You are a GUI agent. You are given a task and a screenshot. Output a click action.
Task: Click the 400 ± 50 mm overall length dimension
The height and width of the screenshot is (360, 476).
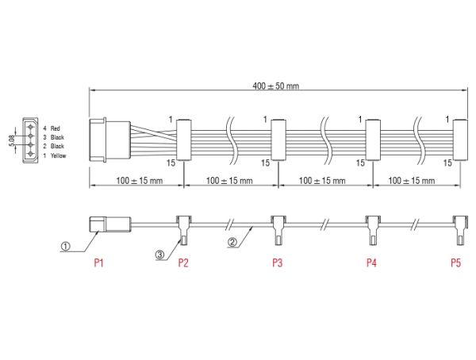(275, 86)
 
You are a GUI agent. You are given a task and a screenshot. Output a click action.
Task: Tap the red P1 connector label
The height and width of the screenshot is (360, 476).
(98, 262)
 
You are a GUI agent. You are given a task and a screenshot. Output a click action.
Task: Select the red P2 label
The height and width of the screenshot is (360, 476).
(183, 262)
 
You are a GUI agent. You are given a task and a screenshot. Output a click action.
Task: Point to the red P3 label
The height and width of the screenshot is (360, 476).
(277, 262)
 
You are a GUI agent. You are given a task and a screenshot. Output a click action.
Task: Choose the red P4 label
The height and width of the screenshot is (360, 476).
(371, 262)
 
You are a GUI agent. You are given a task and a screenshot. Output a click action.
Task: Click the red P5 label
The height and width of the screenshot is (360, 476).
(455, 262)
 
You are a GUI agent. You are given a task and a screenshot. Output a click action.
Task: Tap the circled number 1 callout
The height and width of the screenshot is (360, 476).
(65, 246)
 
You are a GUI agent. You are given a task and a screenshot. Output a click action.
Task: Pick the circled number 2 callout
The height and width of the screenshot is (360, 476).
(232, 242)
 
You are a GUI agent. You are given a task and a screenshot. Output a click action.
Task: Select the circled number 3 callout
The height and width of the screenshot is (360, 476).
(159, 255)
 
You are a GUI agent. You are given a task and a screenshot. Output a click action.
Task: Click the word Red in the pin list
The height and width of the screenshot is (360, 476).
(56, 128)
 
